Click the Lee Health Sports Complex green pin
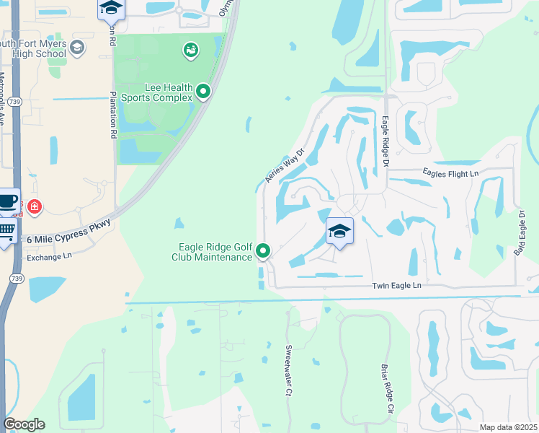pos(203,92)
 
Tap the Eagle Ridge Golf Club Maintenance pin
pos(264,251)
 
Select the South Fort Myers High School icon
pos(78,48)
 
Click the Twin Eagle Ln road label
pos(396,286)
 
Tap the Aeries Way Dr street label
pos(287,167)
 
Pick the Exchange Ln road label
pos(49,256)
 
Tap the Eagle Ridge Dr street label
pos(386,142)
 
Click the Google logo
pos(24,424)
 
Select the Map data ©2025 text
pos(507,427)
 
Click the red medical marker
pos(34,208)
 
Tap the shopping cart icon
pos(6,232)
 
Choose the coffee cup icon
pos(7,201)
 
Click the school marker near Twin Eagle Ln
pos(339,231)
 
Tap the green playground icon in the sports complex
pos(191,50)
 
